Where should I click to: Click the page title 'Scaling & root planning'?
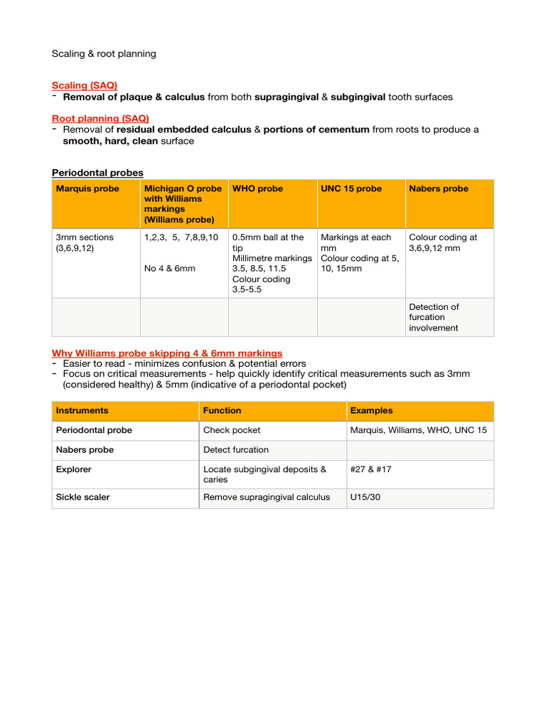coord(104,54)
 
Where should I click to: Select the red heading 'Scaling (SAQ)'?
coord(85,85)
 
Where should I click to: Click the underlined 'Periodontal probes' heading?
coord(97,173)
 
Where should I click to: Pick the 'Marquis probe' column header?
coord(87,189)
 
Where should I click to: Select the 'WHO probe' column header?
coord(257,189)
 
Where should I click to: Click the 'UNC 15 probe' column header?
coord(351,189)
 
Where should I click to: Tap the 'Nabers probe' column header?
coord(439,189)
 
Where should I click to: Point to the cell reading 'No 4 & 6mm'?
coord(169,269)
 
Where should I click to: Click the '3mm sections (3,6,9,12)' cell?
coord(85,242)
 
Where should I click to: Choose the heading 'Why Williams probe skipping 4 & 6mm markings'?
coord(167,353)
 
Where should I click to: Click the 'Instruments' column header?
coord(82,411)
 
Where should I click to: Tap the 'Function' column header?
coord(222,411)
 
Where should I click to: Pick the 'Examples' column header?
coord(371,411)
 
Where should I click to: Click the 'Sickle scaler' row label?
coord(83,498)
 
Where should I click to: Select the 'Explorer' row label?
coord(74,469)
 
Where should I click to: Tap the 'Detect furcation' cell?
coord(236,450)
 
